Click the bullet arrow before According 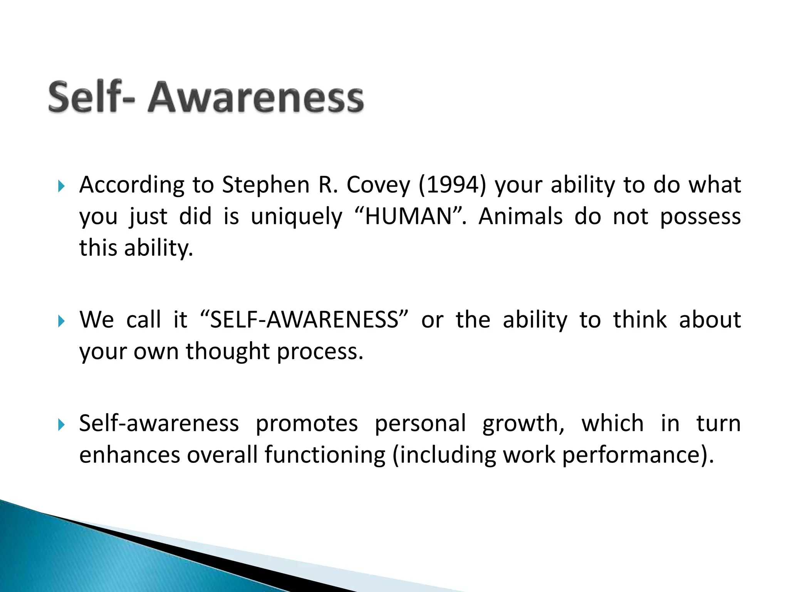(x=61, y=187)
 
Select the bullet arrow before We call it (x=61, y=321)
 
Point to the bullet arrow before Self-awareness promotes (x=61, y=425)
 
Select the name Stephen (x=266, y=185)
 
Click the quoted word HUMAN (x=408, y=216)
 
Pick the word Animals (x=520, y=216)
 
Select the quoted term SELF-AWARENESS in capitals (x=304, y=320)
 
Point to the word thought (x=228, y=351)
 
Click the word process (x=320, y=352)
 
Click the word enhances (x=129, y=455)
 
